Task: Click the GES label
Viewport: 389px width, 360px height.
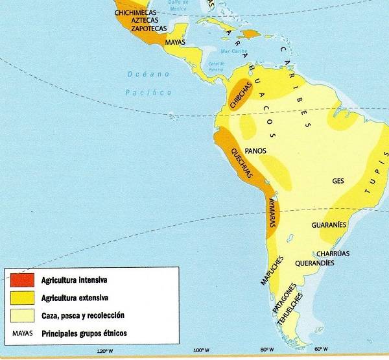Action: pos(337,181)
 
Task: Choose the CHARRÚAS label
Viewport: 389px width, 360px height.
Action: pos(333,254)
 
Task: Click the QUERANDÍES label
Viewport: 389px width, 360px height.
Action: pos(314,263)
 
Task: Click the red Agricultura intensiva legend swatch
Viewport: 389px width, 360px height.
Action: pos(21,282)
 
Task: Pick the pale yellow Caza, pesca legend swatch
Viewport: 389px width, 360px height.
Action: pos(21,316)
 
